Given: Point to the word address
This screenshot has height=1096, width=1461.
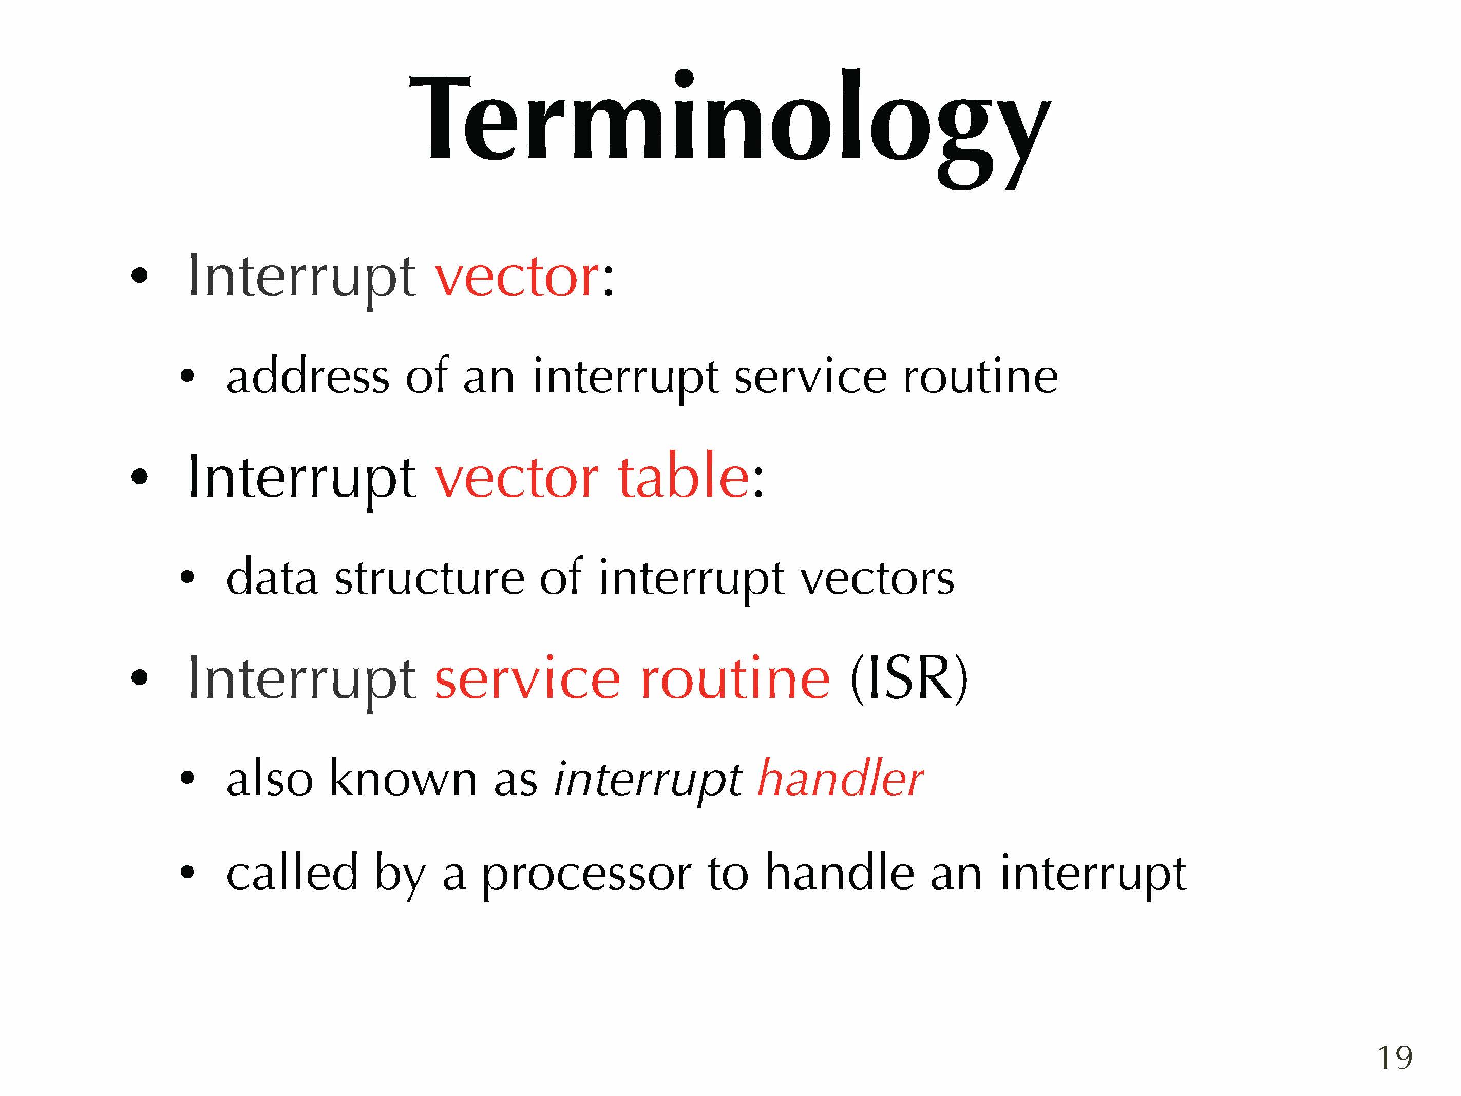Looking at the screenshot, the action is (308, 376).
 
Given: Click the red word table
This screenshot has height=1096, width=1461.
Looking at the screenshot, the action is (684, 476).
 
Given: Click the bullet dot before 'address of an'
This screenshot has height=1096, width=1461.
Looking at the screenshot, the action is (187, 376).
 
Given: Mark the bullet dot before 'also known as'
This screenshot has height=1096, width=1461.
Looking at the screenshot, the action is (187, 778).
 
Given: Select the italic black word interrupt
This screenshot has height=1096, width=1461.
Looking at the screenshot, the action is (647, 780).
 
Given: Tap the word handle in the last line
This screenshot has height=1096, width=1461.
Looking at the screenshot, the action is (840, 872).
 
